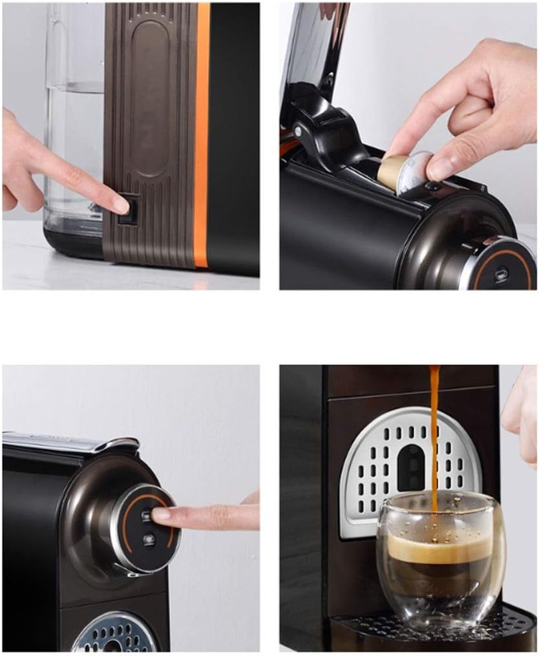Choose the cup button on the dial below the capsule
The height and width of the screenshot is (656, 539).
[501, 275]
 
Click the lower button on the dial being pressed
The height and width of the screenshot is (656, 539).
[149, 538]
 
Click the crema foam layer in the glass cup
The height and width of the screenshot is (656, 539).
[439, 549]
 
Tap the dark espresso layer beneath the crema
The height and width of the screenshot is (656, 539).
[439, 575]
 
